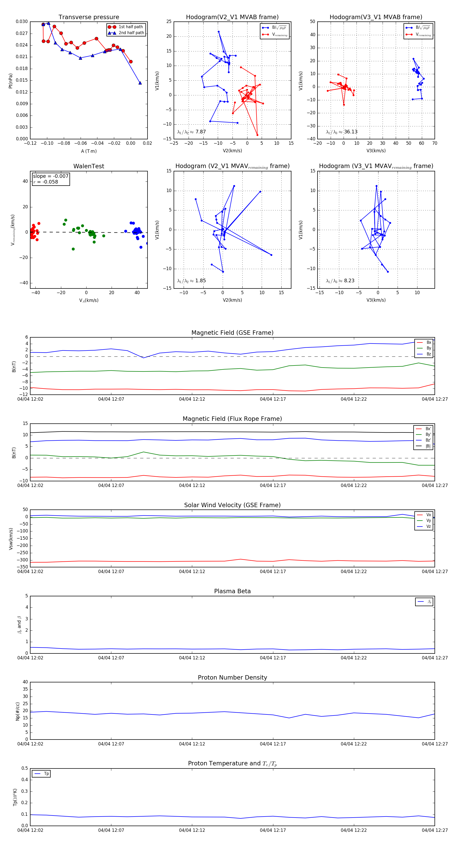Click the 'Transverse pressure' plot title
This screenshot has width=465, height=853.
click(x=89, y=17)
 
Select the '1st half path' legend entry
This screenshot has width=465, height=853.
click(x=130, y=27)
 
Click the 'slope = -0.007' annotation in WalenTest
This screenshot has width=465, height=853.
click(x=51, y=176)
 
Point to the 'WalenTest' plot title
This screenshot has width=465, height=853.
click(x=89, y=166)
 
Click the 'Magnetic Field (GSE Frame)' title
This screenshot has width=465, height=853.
click(x=232, y=333)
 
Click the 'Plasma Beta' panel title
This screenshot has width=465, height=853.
click(x=232, y=591)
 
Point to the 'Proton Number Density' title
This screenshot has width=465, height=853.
click(x=232, y=677)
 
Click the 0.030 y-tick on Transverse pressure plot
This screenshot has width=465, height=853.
click(x=22, y=21)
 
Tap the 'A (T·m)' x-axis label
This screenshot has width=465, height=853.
click(x=89, y=151)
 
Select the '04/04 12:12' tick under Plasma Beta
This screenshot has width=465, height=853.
click(x=192, y=658)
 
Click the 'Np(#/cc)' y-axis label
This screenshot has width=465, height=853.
click(x=18, y=711)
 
